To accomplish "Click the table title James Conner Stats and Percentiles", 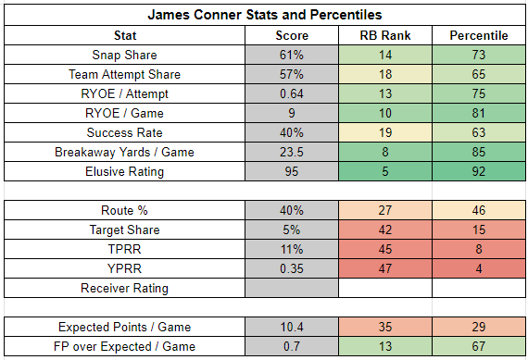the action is click(x=265, y=15).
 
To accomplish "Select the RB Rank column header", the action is click(x=385, y=35).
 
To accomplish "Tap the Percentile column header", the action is click(x=479, y=35).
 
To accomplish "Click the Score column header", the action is click(x=292, y=35).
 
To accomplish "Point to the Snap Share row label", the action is click(x=125, y=55).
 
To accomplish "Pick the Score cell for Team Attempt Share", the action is click(x=292, y=74).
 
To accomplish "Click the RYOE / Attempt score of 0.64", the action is click(x=292, y=93).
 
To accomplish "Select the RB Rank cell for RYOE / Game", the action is click(x=385, y=113).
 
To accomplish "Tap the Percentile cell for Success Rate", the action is click(x=479, y=132).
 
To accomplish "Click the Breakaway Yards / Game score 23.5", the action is click(x=292, y=152).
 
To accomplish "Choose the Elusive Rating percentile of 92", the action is click(x=479, y=171).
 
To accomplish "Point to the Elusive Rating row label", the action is click(x=125, y=171).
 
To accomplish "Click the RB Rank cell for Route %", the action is click(x=385, y=210).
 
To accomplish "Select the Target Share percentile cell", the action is click(x=479, y=230).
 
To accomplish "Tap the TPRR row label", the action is click(x=125, y=249).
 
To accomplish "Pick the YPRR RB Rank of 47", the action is click(x=385, y=268).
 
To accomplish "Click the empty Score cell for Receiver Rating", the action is click(x=292, y=288).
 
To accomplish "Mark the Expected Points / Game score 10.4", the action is click(x=292, y=327).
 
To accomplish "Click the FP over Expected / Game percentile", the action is click(x=479, y=346).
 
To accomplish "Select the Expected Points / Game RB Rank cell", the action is click(x=385, y=327).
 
